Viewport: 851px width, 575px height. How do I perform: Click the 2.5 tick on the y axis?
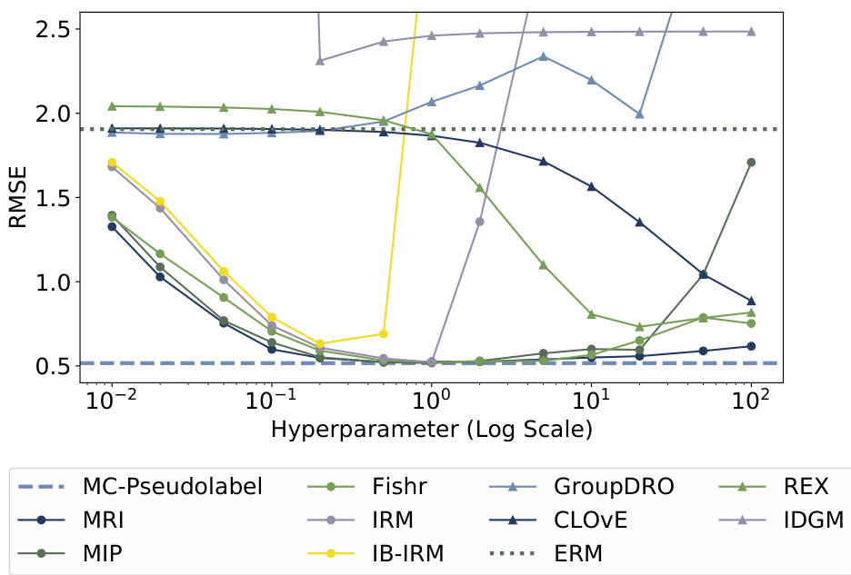click(49, 29)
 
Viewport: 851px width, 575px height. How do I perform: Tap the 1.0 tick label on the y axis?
click(49, 283)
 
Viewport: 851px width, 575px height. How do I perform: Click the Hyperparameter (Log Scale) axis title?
click(432, 430)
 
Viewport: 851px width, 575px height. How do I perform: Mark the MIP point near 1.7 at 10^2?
click(752, 163)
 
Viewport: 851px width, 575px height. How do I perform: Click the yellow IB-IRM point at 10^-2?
click(112, 163)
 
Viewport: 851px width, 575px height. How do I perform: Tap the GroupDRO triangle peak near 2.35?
click(544, 56)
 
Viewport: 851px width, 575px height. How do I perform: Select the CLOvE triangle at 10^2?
click(752, 301)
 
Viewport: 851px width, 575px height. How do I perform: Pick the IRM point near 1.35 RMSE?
click(480, 222)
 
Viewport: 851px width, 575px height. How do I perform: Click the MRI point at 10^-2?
click(112, 226)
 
